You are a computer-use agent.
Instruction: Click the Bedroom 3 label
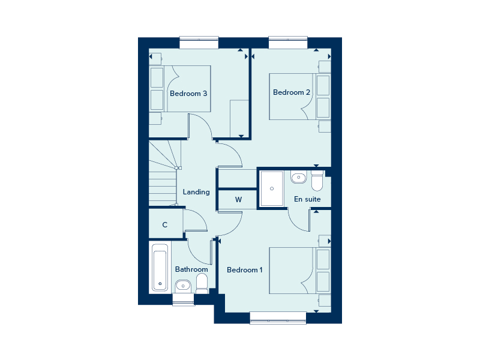(188, 94)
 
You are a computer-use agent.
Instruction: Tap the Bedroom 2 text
(292, 92)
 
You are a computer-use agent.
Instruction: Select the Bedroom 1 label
(244, 270)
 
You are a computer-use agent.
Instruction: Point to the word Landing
(196, 192)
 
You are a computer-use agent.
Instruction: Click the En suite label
(307, 199)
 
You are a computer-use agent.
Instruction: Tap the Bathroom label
(191, 269)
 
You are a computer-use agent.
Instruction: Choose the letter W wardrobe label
(238, 199)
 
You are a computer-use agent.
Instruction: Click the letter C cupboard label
(165, 225)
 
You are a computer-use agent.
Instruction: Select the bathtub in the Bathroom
(160, 268)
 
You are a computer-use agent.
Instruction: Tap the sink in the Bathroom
(183, 285)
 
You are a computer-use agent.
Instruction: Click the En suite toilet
(317, 179)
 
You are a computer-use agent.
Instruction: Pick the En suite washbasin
(298, 177)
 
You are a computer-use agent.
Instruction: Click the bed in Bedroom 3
(180, 89)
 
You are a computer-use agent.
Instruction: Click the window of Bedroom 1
(278, 317)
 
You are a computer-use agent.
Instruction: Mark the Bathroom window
(184, 298)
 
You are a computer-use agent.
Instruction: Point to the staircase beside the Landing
(163, 174)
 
